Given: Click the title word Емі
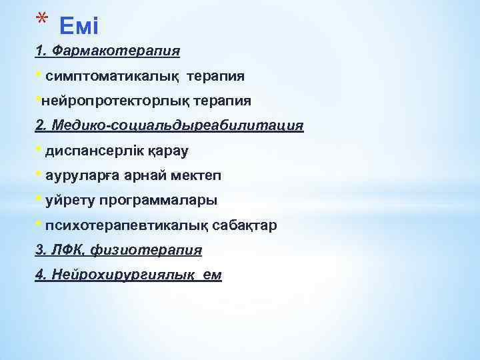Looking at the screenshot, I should click(79, 27).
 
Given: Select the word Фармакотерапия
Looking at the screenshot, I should click(117, 51).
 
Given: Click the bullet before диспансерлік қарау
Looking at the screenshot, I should click(39, 150).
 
